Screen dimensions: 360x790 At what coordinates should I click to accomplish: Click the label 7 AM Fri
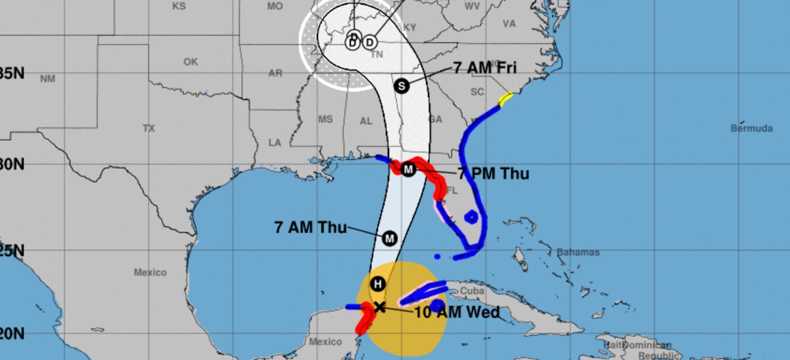point(486,68)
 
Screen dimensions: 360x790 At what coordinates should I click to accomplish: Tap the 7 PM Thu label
point(494,174)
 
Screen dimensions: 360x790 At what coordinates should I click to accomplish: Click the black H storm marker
point(377,284)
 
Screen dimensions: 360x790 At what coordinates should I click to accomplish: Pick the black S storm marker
point(402,85)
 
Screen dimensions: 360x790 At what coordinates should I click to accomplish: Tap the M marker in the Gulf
point(389,238)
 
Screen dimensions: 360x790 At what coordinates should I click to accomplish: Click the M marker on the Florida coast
point(408,170)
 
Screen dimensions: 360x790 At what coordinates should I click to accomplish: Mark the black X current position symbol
point(379,307)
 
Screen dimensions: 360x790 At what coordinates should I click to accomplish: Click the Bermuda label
point(751,128)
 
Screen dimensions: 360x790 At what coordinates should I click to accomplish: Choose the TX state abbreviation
point(149,128)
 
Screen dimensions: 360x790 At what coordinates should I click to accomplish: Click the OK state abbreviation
point(191,62)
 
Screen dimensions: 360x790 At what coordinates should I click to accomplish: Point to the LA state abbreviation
point(275,142)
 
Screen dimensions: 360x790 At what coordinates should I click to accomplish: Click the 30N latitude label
point(12,164)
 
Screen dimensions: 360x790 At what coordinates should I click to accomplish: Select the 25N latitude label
point(12,251)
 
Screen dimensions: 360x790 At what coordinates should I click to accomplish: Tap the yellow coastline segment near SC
point(505,99)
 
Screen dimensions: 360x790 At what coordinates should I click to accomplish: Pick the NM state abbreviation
point(47,79)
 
